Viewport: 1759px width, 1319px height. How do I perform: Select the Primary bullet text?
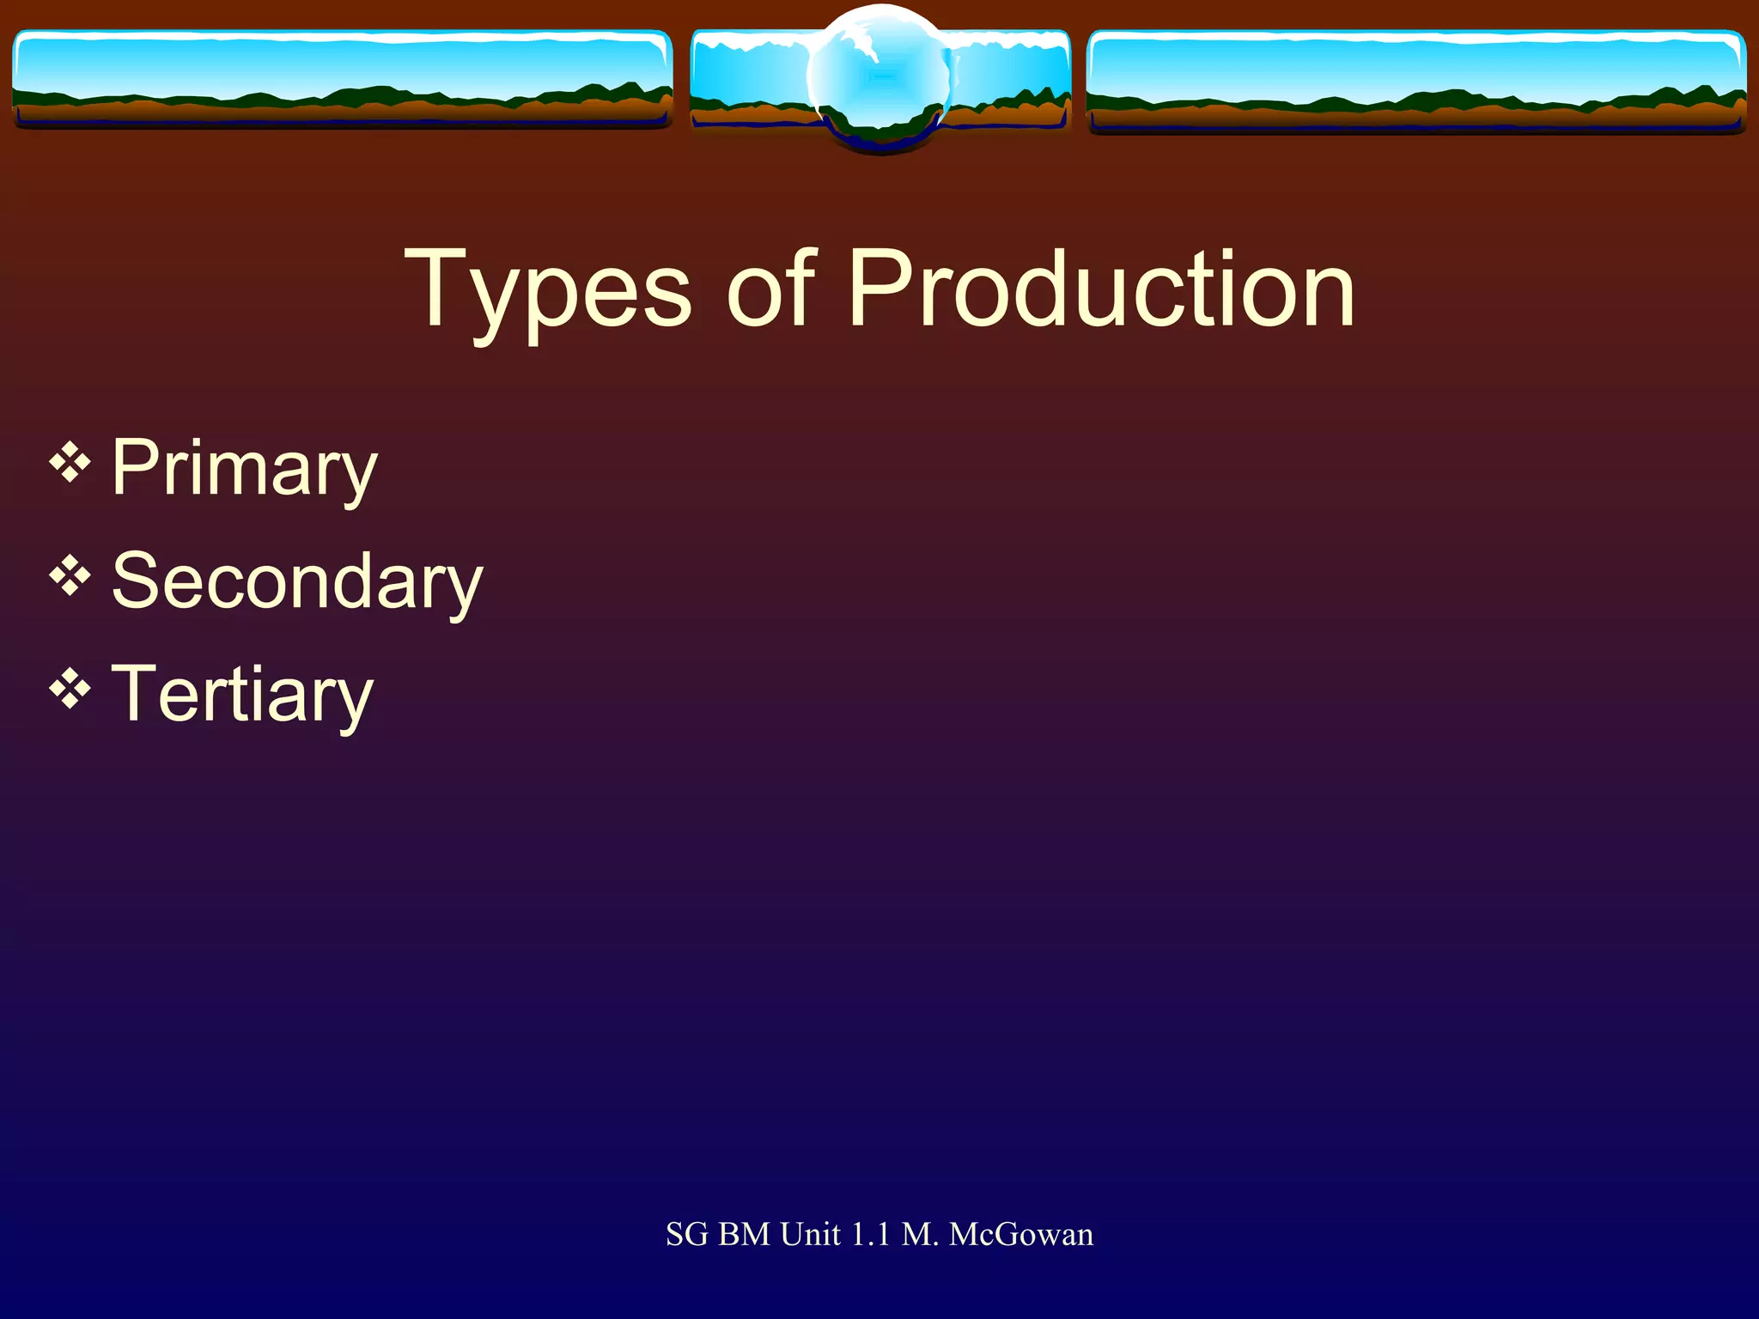[x=245, y=468]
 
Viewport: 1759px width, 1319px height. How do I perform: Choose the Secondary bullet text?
[x=297, y=581]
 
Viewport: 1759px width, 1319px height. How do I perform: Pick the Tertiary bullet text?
[x=242, y=695]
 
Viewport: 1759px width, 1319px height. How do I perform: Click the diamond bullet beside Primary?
[x=70, y=465]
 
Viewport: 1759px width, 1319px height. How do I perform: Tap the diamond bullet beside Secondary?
[x=70, y=577]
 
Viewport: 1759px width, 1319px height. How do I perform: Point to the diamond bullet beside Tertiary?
[x=70, y=690]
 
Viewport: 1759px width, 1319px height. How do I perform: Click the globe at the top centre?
[x=879, y=77]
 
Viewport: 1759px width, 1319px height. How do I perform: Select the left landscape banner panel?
[x=342, y=79]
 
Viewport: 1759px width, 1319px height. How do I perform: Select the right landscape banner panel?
[x=1415, y=81]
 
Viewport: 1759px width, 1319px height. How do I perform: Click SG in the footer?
[x=686, y=1235]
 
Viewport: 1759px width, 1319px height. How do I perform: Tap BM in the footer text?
[x=744, y=1235]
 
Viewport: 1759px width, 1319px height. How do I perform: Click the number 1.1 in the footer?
[x=870, y=1235]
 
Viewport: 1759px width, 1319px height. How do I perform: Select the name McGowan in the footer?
[x=1021, y=1235]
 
